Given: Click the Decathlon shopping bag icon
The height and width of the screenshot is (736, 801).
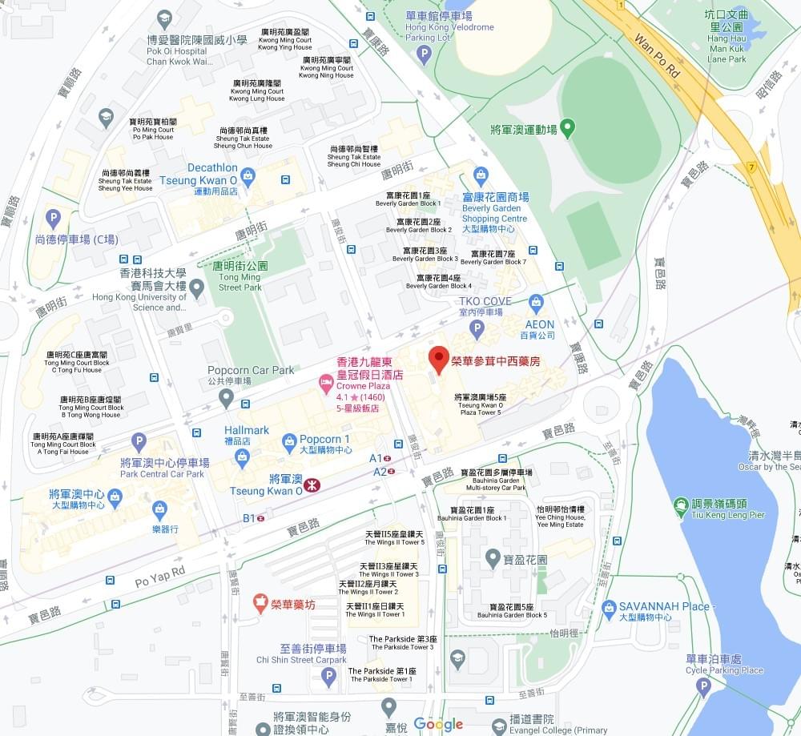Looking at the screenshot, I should (248, 174).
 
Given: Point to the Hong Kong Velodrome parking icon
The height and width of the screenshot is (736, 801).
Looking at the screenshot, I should (424, 54).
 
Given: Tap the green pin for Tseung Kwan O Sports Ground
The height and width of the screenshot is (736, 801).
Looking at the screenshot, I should (567, 127).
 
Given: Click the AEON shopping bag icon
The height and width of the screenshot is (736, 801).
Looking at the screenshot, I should (536, 302).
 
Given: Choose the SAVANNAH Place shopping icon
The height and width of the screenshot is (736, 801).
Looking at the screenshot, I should (609, 607).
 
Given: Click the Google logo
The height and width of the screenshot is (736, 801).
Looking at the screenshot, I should (438, 724).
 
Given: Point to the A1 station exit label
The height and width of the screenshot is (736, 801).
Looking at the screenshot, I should (376, 458).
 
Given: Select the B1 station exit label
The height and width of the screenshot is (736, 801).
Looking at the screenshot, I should (249, 518).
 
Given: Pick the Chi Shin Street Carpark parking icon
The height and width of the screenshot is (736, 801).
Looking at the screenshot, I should (328, 678).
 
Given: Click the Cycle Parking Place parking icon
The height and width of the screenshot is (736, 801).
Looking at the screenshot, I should (703, 686).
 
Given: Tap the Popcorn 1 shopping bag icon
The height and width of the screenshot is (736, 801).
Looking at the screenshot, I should (289, 440).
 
